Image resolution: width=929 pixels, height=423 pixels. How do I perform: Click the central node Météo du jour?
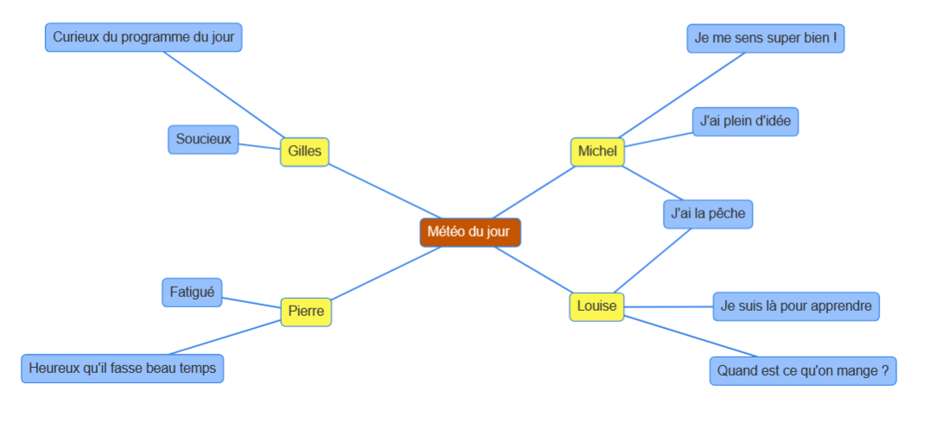pos(470,232)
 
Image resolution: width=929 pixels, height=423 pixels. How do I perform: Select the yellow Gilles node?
pos(304,152)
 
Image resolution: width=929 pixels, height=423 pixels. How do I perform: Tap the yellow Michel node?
pos(597,152)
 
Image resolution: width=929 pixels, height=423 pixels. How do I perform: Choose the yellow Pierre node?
pos(306,312)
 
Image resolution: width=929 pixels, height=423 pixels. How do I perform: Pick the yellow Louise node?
pos(596,307)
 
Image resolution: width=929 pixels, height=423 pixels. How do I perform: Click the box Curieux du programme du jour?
pos(143,37)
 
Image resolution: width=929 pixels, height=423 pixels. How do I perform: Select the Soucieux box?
pos(203,140)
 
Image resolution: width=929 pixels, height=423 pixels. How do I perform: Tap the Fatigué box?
pos(192,293)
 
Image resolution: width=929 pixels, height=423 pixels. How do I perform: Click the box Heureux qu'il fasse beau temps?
pos(123,369)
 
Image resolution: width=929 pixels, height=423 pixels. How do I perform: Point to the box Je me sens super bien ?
pos(766,39)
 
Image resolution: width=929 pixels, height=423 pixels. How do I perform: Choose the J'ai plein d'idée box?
pos(745,122)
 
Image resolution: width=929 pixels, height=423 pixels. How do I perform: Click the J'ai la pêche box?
pos(708,214)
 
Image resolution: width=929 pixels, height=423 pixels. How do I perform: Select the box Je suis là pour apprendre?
pos(796,306)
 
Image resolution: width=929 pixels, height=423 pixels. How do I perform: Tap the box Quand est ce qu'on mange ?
pos(803,371)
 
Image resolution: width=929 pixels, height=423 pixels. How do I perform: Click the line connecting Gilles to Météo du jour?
pos(385,192)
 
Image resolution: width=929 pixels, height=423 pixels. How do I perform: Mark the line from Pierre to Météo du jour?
pos(386,274)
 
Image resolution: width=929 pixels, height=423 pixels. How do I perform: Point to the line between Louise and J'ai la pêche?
pos(652,261)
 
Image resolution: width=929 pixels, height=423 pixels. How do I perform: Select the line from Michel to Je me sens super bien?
pos(681,95)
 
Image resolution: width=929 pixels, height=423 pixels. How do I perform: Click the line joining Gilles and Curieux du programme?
pos(224,95)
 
